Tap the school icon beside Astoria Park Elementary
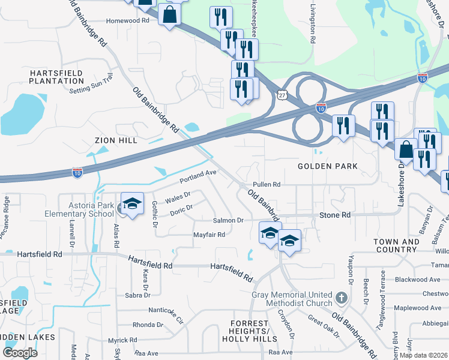point(132,203)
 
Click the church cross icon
point(341,298)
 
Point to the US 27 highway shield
point(282,95)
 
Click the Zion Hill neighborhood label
point(116,140)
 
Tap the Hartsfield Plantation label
point(57,77)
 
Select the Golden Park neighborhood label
point(328,166)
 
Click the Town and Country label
point(396,245)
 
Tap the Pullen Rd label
point(267,184)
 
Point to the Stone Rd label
point(335,215)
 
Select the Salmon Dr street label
point(228,221)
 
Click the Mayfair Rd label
point(208,235)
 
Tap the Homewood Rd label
point(127,20)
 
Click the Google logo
point(20,353)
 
